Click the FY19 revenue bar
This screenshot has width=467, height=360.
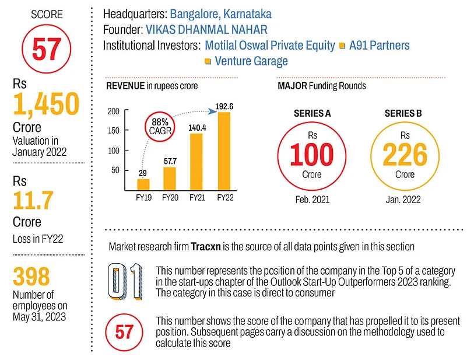tap(143, 184)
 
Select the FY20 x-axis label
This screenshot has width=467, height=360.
tap(170, 197)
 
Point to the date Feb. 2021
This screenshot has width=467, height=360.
tap(312, 199)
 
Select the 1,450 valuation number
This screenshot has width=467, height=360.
tap(45, 104)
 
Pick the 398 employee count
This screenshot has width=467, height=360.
tap(32, 277)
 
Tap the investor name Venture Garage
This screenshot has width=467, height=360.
tap(251, 61)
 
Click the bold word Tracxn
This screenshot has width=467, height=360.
tap(207, 246)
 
